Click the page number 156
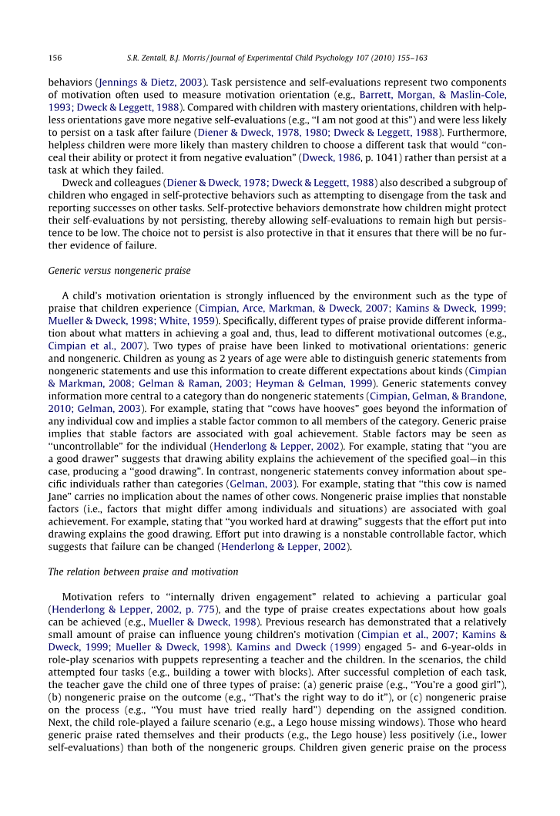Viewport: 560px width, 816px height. pyautogui.click(x=55, y=58)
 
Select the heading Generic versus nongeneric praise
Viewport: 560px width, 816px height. pyautogui.click(x=119, y=271)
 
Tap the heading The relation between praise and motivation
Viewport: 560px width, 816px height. pyautogui.click(x=143, y=572)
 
